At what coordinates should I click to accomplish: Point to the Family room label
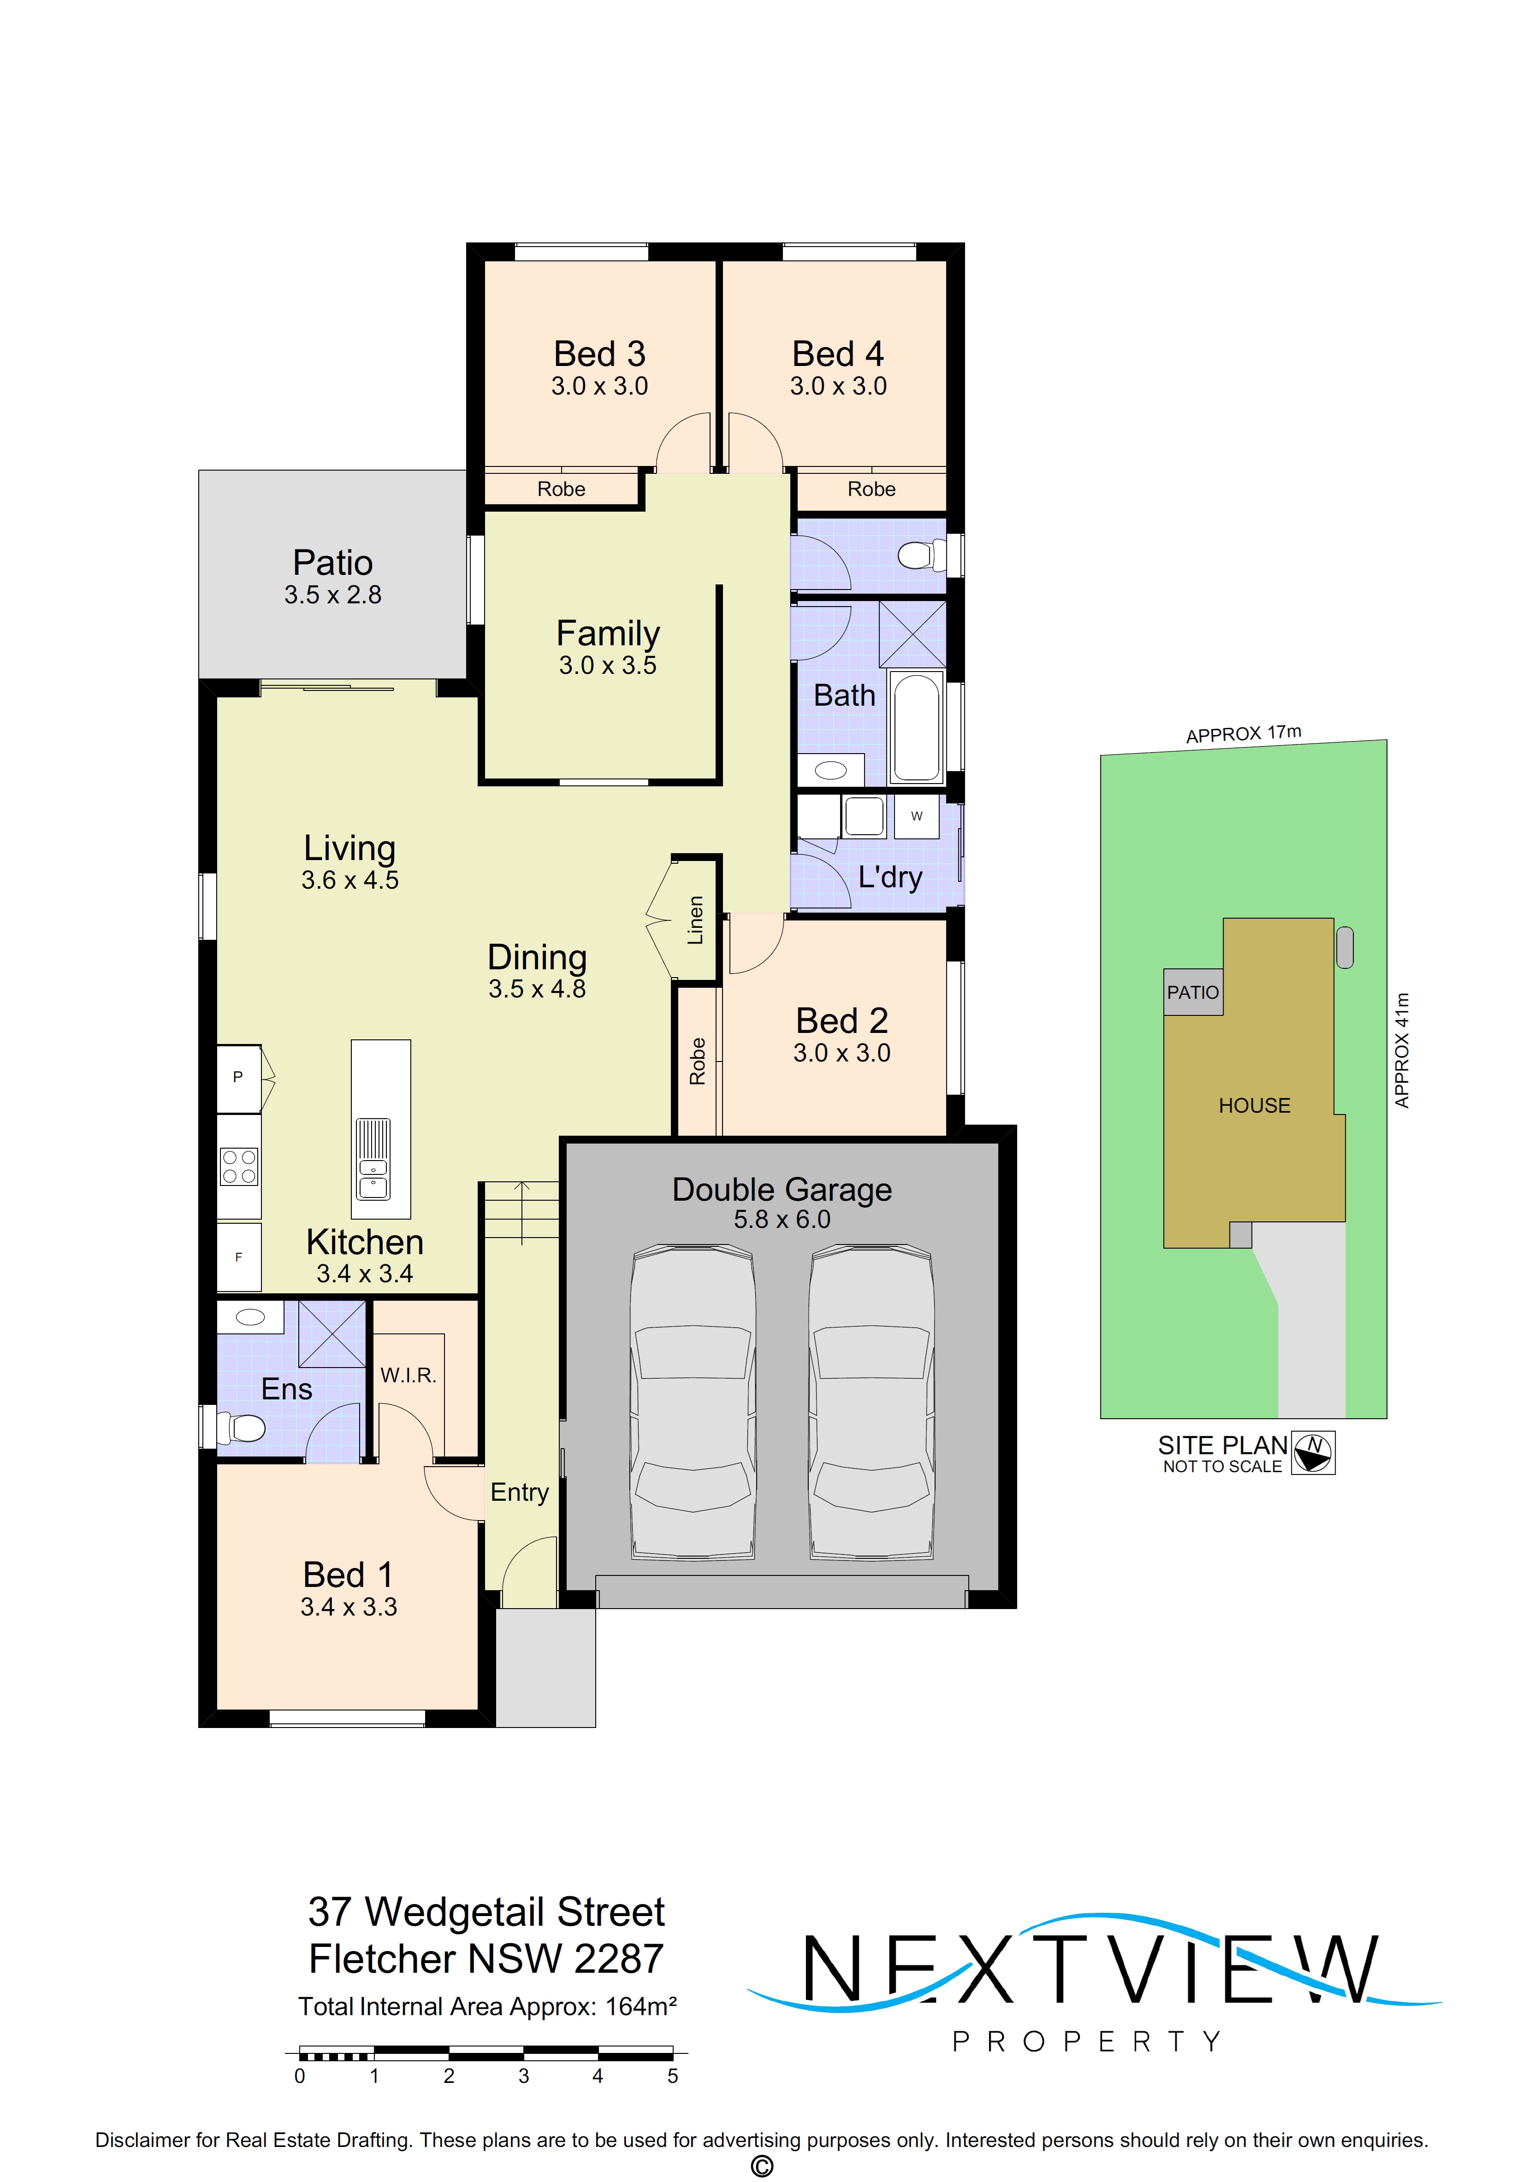point(608,633)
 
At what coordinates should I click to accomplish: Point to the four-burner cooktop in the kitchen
point(239,1167)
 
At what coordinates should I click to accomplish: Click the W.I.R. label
point(408,1375)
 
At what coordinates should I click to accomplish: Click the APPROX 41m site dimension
point(1402,1050)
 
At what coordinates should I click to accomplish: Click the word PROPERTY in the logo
point(1086,2041)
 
